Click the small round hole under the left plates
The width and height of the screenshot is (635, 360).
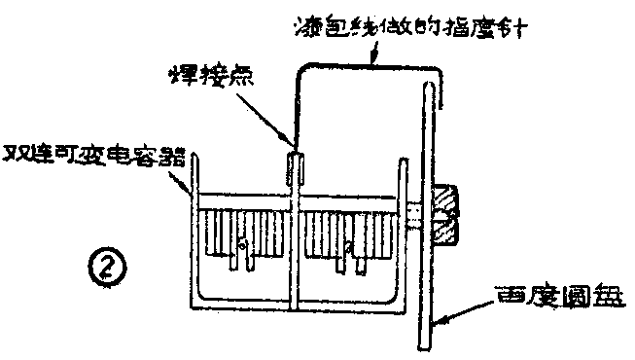pyautogui.click(x=245, y=256)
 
